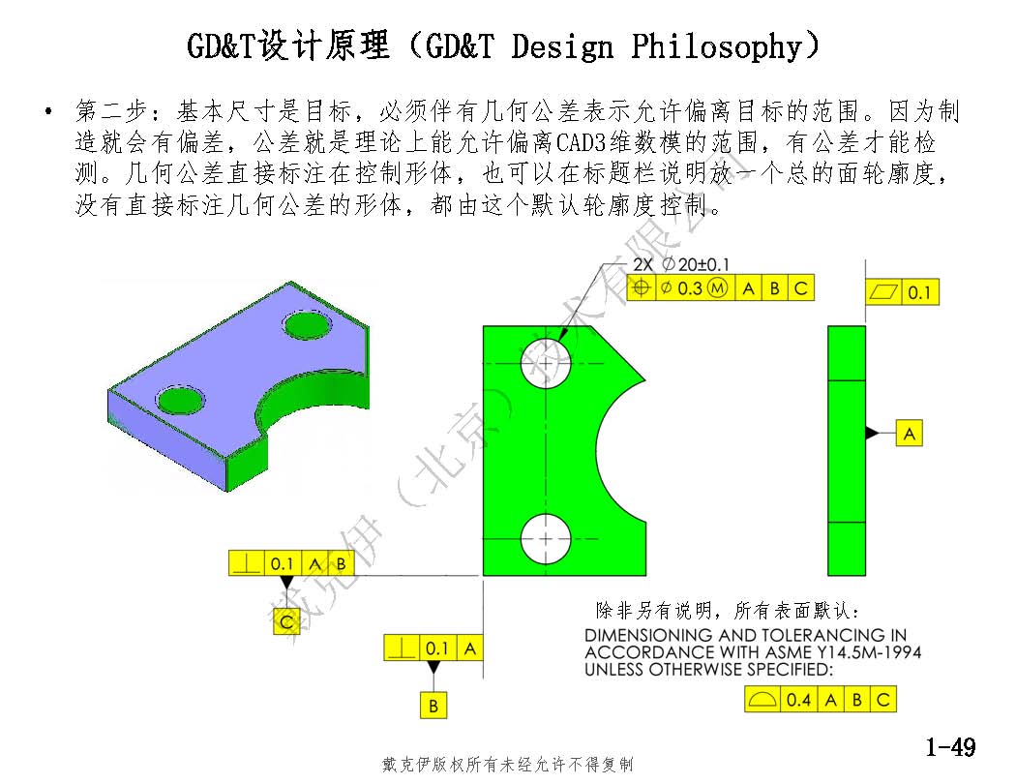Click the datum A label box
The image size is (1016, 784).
pos(910,433)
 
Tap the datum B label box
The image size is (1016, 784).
pos(433,705)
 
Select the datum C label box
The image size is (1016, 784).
pos(286,622)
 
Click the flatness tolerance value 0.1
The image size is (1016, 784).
pos(919,293)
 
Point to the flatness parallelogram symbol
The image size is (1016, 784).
pos(883,292)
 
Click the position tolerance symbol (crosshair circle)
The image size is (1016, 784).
pos(641,287)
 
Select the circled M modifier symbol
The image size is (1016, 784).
pos(717,287)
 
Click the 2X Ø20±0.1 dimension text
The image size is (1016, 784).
pos(681,264)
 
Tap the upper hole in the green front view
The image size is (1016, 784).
pos(547,364)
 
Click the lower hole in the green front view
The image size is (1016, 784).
pos(547,539)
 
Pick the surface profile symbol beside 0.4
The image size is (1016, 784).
pos(762,700)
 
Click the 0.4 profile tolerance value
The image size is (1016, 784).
pos(798,700)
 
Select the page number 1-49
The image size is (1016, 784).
pos(950,747)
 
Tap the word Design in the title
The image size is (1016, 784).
pos(561,46)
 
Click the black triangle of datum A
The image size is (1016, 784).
pos(872,433)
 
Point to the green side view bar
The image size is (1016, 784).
pos(847,450)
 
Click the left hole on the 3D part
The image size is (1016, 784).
pos(179,401)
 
